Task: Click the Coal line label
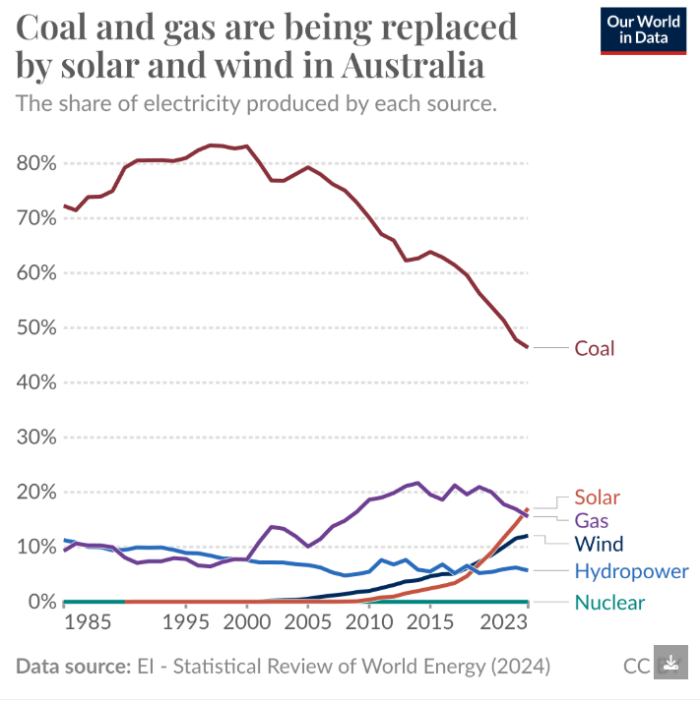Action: pos(595,348)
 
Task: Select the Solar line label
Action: pos(598,497)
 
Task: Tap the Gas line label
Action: pos(592,520)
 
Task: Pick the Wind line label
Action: pos(599,544)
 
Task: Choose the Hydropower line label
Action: pos(631,571)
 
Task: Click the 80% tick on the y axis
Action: pos(36,163)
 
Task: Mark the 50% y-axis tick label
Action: pos(36,327)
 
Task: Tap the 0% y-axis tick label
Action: pos(41,601)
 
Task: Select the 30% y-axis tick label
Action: pos(36,437)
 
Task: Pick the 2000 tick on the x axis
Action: pos(246,622)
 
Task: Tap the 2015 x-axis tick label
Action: pos(429,622)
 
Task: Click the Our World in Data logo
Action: pos(644,30)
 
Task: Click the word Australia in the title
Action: pos(413,67)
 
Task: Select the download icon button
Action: pos(671,665)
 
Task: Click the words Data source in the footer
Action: pos(72,666)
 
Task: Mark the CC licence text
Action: pos(636,666)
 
